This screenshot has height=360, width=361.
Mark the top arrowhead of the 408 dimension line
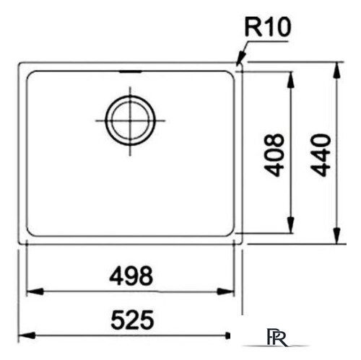coord(291,76)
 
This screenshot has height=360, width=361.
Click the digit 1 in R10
coord(273,29)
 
